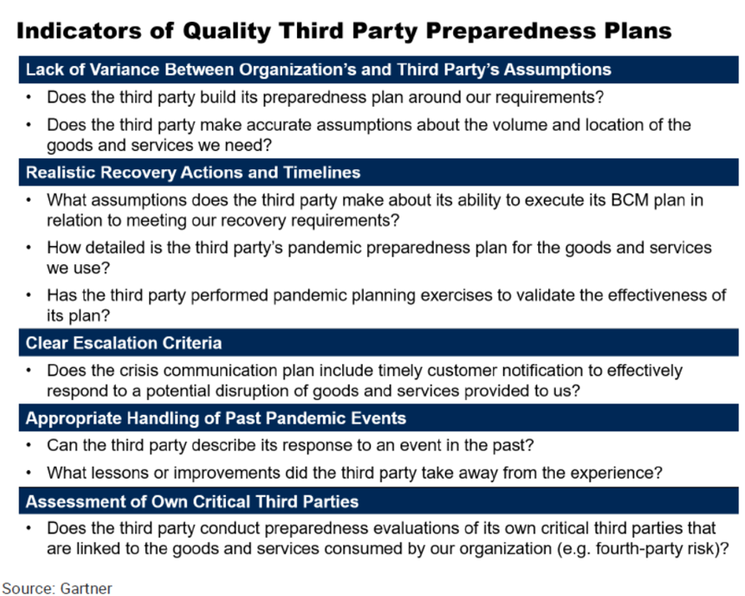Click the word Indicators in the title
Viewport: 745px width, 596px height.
coord(78,30)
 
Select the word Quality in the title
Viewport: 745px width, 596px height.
coord(227,32)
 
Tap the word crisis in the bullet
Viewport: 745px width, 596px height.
coord(137,370)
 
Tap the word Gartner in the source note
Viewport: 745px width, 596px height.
coord(87,588)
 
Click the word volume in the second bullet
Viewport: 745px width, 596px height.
coord(516,125)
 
